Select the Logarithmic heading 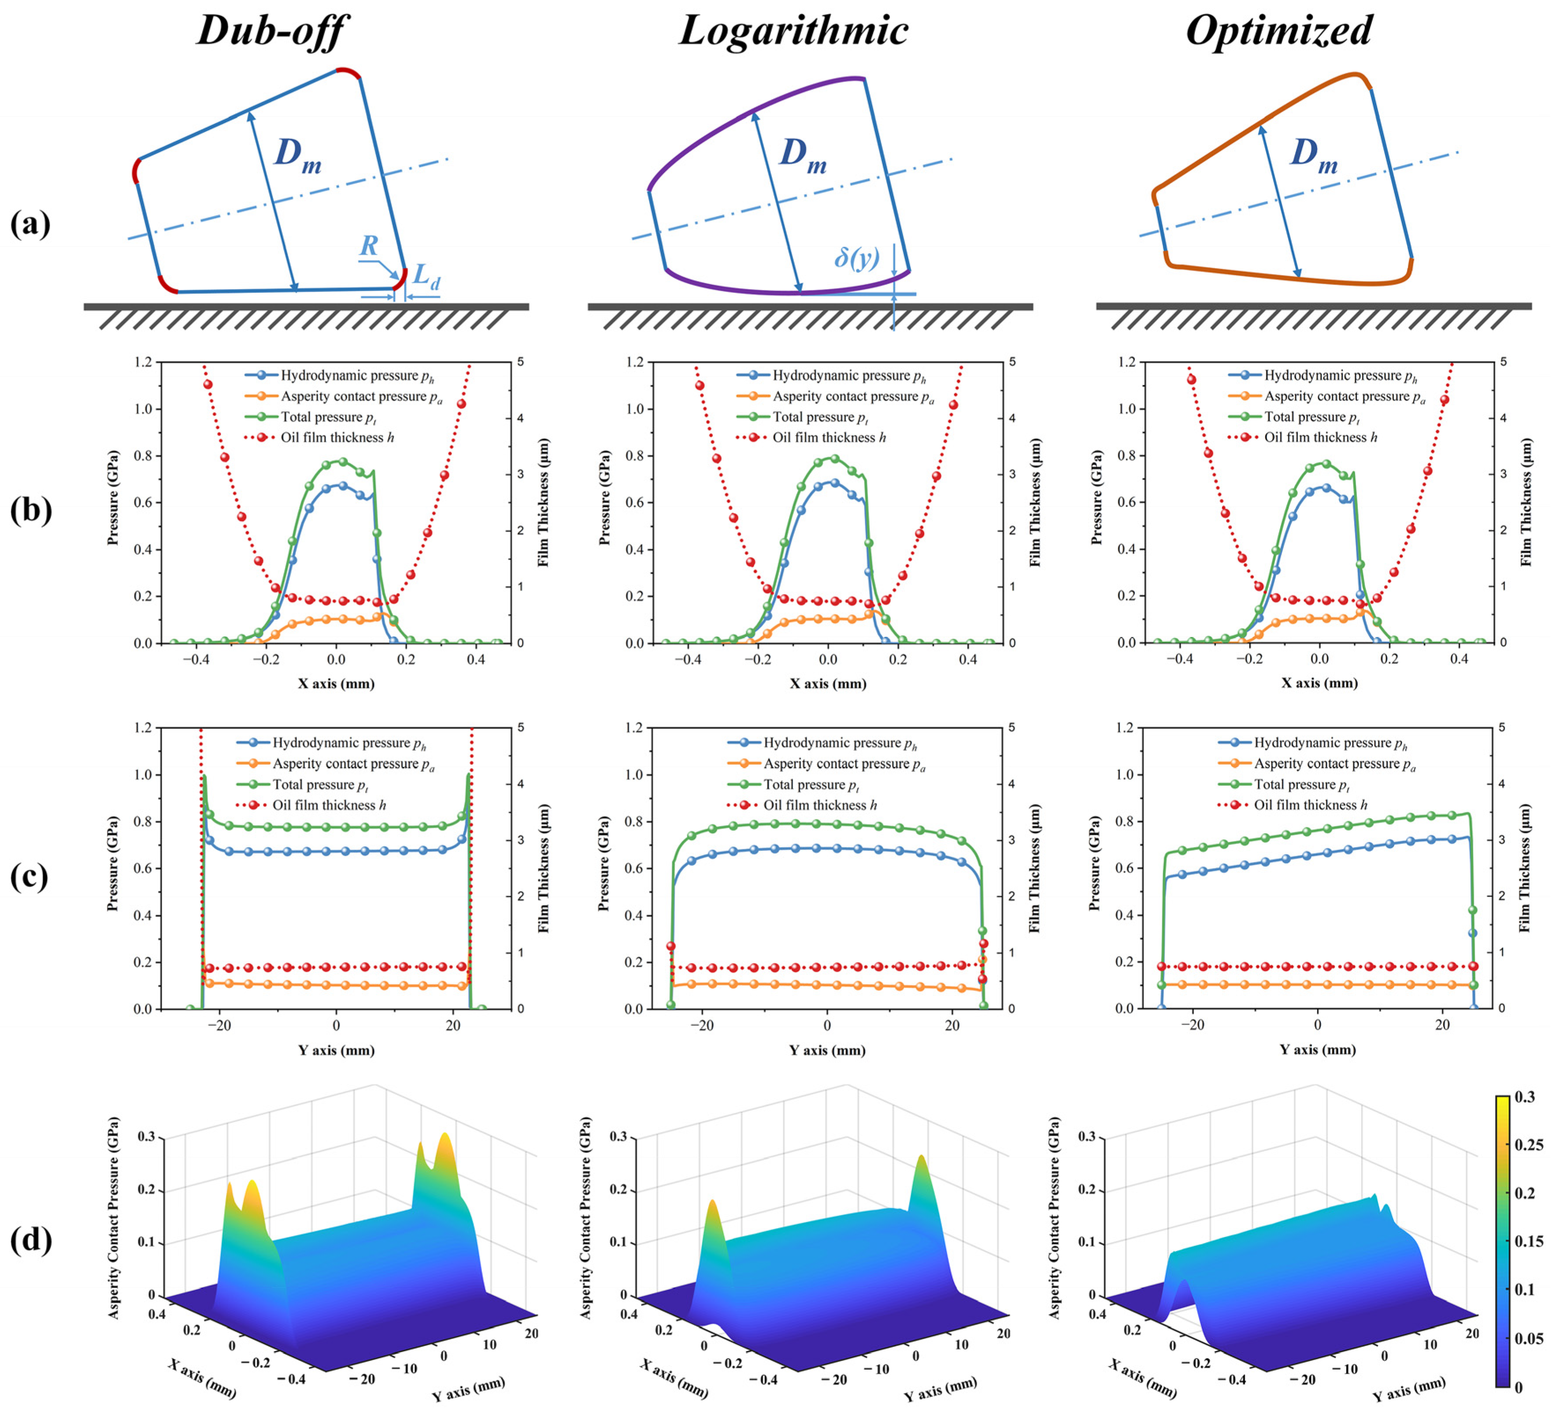pos(793,31)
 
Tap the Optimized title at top pos(1278,31)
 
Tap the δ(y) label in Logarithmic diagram pos(856,257)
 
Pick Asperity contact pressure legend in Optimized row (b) pos(1344,397)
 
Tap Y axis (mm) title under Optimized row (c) pos(1318,1050)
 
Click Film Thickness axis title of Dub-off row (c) pos(543,868)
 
